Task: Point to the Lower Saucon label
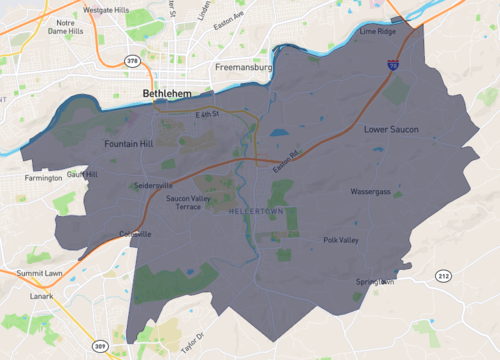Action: click(x=391, y=129)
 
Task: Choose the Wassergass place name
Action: click(x=370, y=190)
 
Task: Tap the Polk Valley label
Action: click(x=340, y=240)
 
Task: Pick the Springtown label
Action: click(x=375, y=282)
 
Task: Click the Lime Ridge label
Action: click(x=378, y=32)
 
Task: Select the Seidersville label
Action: click(x=153, y=185)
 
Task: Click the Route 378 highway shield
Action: click(x=132, y=61)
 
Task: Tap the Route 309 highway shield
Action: click(x=100, y=346)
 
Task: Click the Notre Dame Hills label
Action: click(x=66, y=27)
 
